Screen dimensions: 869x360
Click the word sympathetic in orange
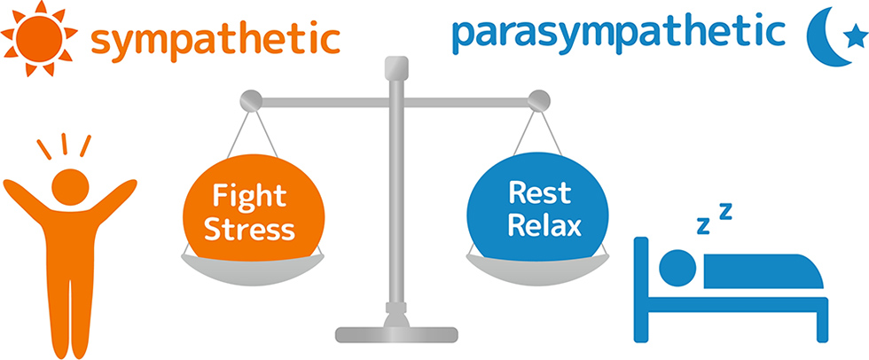(215, 40)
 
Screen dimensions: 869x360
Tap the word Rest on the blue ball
(539, 192)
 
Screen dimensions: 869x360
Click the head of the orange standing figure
(70, 186)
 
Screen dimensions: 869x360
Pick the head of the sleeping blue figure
(677, 266)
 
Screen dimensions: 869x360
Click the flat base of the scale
(396, 334)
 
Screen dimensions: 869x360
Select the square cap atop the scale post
(397, 67)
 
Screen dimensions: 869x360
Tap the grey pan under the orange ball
(252, 268)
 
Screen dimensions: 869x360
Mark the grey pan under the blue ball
(537, 268)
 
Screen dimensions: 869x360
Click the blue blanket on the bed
(763, 270)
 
